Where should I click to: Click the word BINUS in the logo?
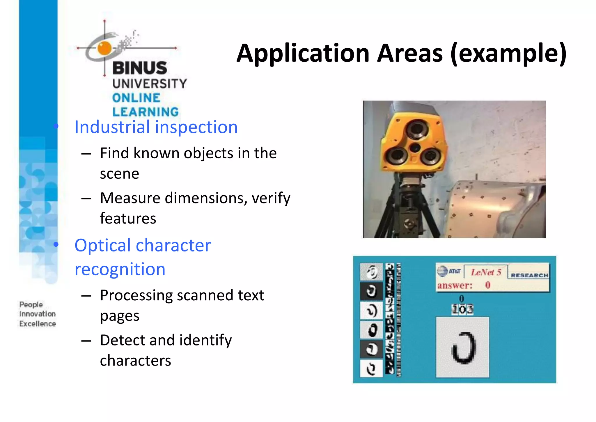(x=140, y=68)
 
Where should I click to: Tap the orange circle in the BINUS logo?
(x=104, y=48)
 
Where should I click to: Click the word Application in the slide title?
(x=303, y=53)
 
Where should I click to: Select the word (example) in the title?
(x=508, y=53)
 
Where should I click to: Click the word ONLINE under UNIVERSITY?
(x=136, y=98)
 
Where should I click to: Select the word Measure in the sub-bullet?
(x=130, y=198)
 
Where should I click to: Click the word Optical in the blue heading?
(x=103, y=245)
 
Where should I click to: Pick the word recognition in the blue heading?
(x=120, y=269)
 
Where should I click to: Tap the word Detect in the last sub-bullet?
(x=123, y=340)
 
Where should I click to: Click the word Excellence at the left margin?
(x=38, y=324)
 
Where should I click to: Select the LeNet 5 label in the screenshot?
(x=486, y=272)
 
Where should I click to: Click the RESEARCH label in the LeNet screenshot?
(x=529, y=275)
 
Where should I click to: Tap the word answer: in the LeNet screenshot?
(x=455, y=286)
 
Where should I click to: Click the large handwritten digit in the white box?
(x=463, y=348)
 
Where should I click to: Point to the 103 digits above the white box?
(x=462, y=309)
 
